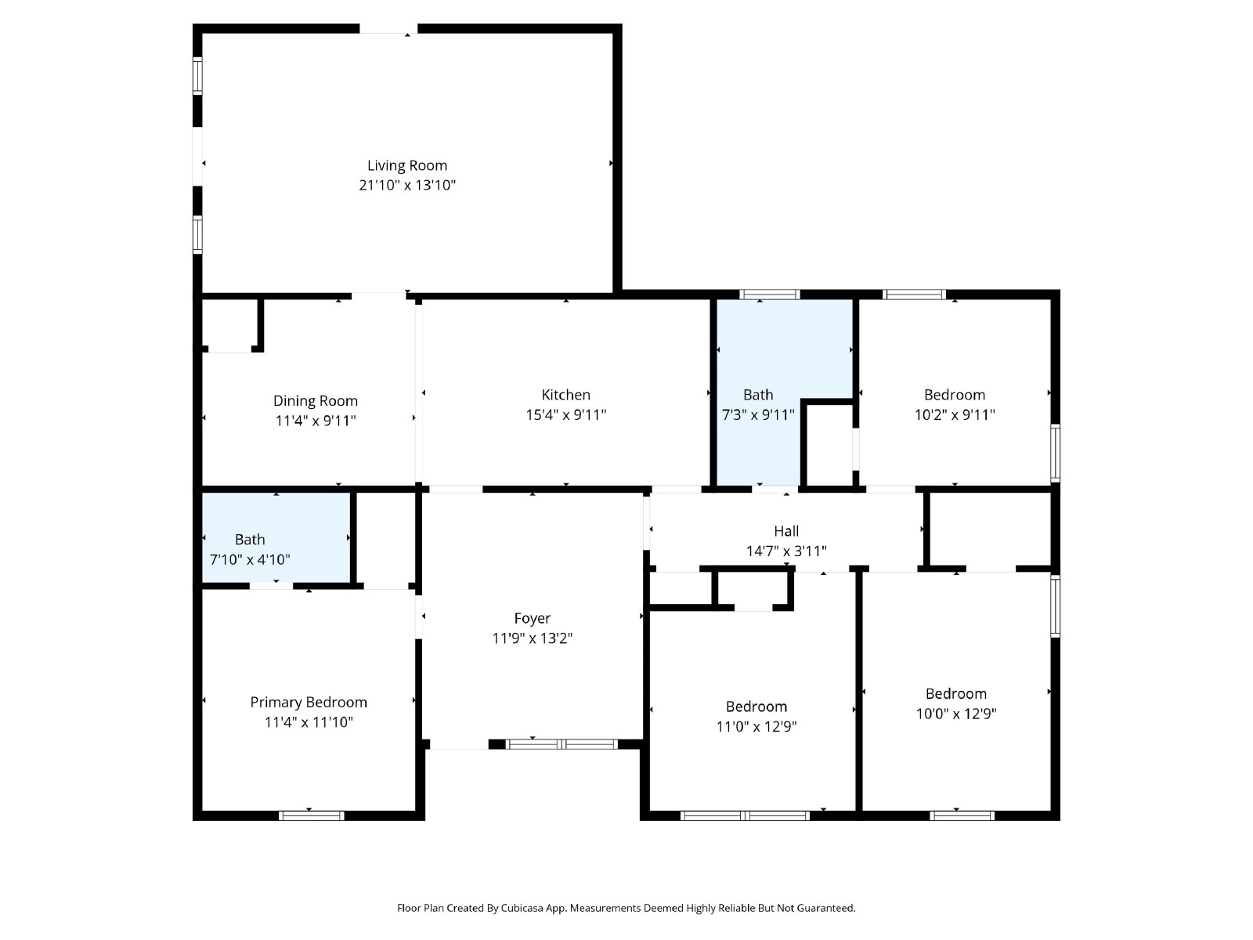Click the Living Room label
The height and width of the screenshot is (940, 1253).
pyautogui.click(x=407, y=165)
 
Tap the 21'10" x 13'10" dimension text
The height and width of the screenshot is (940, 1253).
pyautogui.click(x=407, y=185)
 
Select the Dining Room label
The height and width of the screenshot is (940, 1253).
pyautogui.click(x=316, y=400)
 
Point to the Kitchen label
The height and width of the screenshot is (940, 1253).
pyautogui.click(x=565, y=394)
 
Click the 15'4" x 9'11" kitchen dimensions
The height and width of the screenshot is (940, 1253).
pyautogui.click(x=565, y=414)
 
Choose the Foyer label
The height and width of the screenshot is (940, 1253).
pyautogui.click(x=532, y=618)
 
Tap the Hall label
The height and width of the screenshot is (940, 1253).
pyautogui.click(x=786, y=531)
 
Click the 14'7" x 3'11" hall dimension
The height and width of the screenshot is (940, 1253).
pyautogui.click(x=786, y=551)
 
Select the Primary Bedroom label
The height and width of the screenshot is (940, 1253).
pyautogui.click(x=309, y=703)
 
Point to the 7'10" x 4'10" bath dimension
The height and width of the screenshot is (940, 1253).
pyautogui.click(x=250, y=559)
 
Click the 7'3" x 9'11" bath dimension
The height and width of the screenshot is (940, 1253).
pyautogui.click(x=758, y=414)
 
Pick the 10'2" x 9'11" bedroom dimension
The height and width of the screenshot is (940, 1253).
pyautogui.click(x=955, y=414)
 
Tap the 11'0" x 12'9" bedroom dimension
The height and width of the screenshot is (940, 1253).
pyautogui.click(x=756, y=726)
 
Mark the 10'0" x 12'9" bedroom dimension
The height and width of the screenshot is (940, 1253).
pyautogui.click(x=956, y=714)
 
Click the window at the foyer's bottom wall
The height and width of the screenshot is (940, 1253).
pyautogui.click(x=562, y=744)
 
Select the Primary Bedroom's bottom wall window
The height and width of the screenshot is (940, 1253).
pyautogui.click(x=312, y=815)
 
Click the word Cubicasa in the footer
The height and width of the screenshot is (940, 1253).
pyautogui.click(x=522, y=908)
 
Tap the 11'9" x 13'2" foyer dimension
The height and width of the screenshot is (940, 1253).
pyautogui.click(x=532, y=638)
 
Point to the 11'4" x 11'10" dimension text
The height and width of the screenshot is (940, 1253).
pyautogui.click(x=309, y=722)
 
